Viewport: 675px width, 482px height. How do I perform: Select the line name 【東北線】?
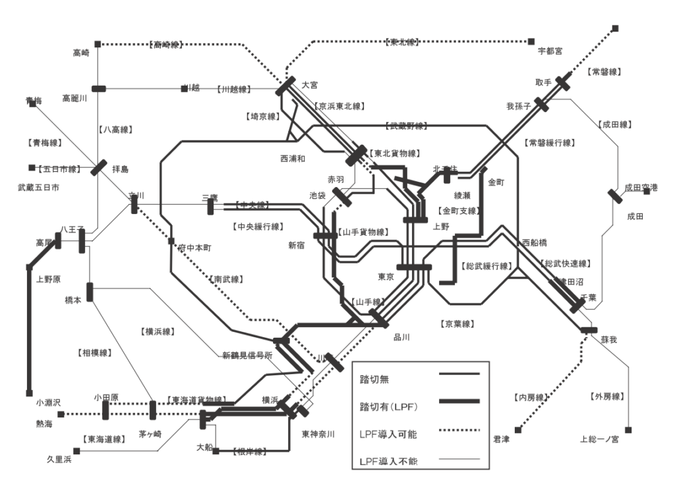pos(401,42)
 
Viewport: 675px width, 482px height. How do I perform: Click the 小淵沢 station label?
pos(48,401)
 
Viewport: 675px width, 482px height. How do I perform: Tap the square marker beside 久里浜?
pos(76,451)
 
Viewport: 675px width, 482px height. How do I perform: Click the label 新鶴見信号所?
pos(247,356)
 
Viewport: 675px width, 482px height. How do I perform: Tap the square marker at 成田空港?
pos(647,190)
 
